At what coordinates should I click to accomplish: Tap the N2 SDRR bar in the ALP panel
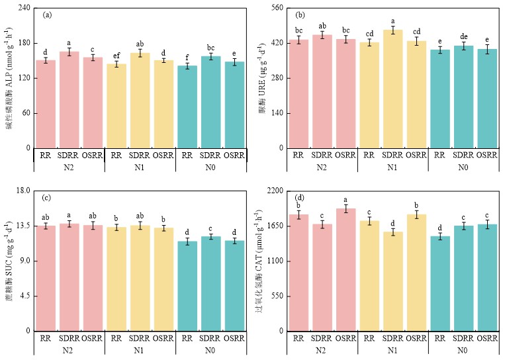point(69,99)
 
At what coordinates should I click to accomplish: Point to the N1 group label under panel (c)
point(140,350)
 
